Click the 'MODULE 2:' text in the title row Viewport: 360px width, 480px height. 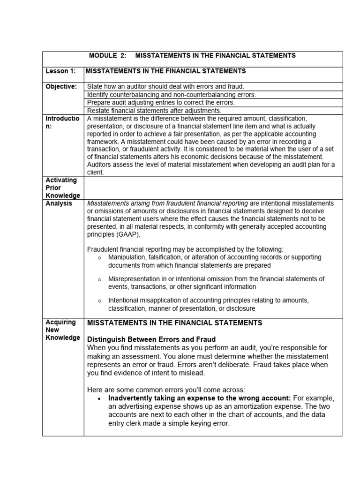coord(107,56)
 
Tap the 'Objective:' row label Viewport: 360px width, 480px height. coord(61,87)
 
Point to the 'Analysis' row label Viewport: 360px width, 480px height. coord(59,203)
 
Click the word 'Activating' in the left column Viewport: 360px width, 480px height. coord(60,180)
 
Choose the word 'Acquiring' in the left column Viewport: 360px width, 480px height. coord(60,322)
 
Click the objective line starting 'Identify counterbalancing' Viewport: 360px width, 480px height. coord(172,95)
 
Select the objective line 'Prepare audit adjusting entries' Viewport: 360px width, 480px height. coord(161,103)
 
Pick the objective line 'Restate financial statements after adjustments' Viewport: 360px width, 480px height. coord(154,111)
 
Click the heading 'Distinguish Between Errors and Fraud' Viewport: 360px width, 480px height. coord(151,339)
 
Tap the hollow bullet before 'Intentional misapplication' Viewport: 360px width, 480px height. coord(99,300)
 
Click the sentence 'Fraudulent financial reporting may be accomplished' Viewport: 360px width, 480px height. coord(185,249)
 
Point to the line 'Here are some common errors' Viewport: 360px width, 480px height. coord(166,389)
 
